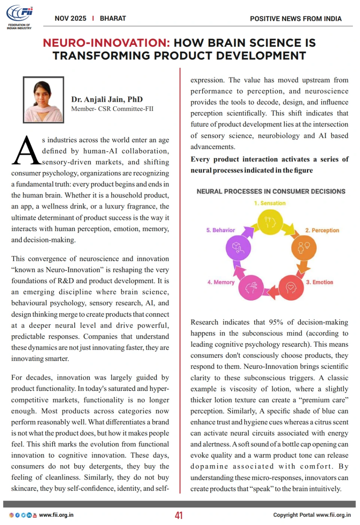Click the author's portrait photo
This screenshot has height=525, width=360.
click(43, 100)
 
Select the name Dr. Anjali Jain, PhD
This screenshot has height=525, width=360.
click(107, 99)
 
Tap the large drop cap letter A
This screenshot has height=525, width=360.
click(26, 151)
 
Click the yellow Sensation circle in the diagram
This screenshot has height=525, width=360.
click(270, 222)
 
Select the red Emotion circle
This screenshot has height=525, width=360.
click(291, 288)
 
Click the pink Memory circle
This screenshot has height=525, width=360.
click(251, 288)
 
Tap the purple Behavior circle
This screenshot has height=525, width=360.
click(238, 248)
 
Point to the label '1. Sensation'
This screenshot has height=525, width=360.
click(269, 203)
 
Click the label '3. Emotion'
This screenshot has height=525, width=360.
click(319, 282)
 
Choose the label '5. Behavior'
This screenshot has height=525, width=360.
click(220, 230)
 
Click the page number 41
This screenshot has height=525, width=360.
click(179, 515)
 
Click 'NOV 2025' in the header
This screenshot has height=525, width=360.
click(70, 18)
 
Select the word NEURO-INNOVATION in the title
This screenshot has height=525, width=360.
click(106, 43)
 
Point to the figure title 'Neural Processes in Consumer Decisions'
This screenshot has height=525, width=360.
click(271, 191)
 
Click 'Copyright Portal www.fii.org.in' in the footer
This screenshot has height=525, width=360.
click(312, 515)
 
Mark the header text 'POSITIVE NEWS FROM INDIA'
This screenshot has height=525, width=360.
click(296, 19)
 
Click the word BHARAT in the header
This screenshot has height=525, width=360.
click(113, 18)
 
